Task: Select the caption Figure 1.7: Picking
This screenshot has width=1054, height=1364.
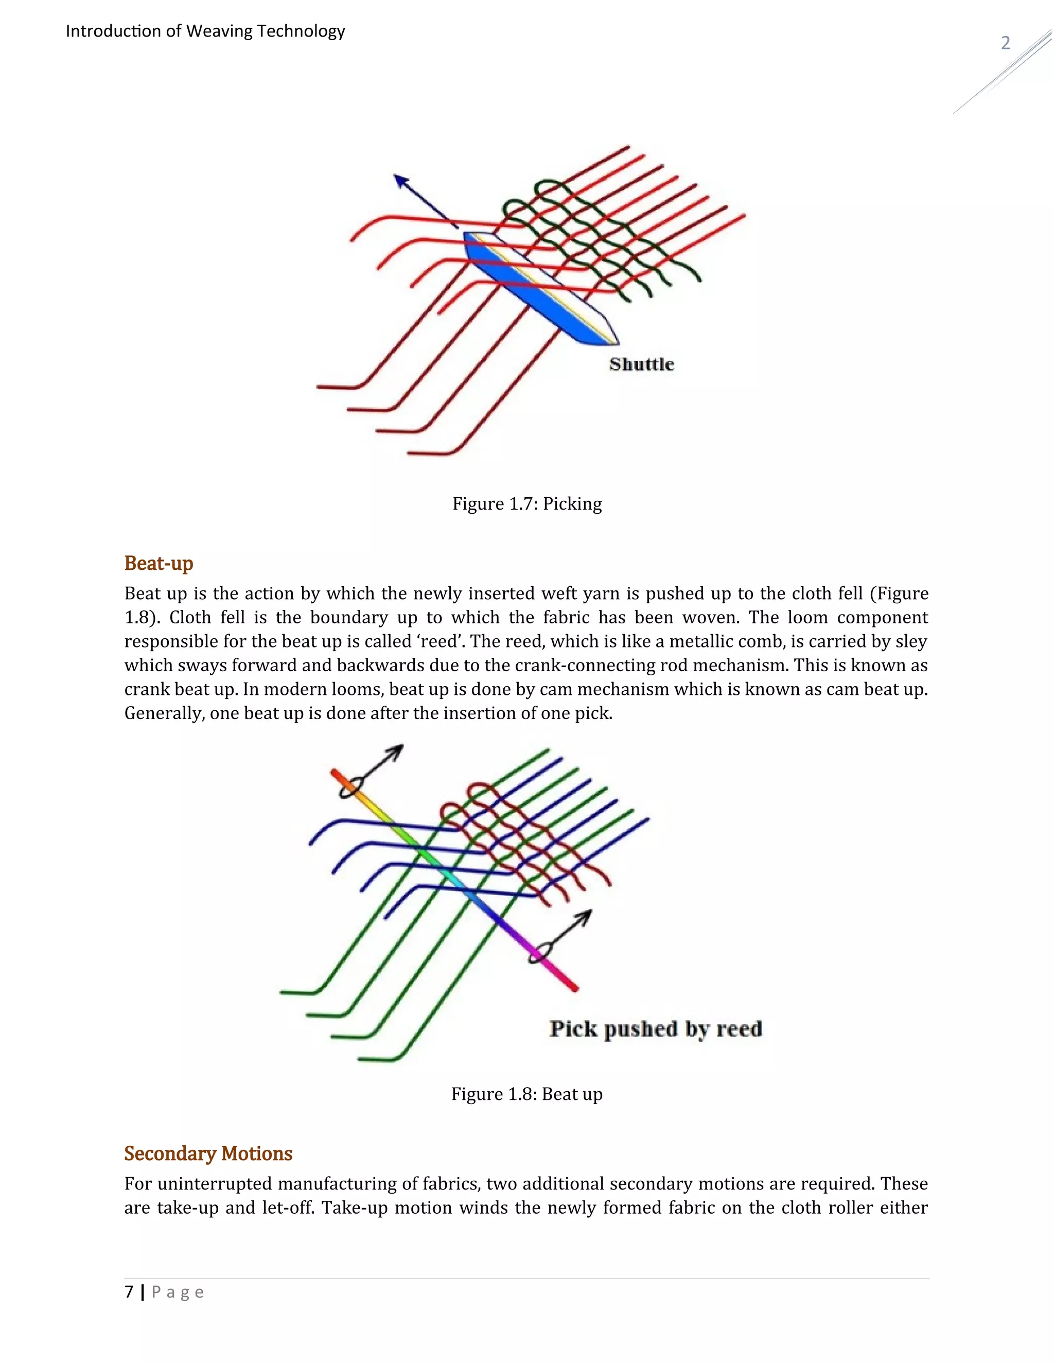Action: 527,504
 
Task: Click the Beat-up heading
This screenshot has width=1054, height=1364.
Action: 159,563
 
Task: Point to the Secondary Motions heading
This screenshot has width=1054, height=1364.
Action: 208,1153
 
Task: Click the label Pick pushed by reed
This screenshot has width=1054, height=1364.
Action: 656,1028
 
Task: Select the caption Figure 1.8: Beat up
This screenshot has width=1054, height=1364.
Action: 527,1094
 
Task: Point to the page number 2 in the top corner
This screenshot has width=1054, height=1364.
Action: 1005,43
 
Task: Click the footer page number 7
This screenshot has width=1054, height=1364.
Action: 129,1291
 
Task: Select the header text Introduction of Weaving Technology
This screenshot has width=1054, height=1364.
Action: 205,31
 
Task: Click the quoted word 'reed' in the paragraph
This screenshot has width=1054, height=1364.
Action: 439,641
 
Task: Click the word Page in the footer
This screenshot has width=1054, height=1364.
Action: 178,1292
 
